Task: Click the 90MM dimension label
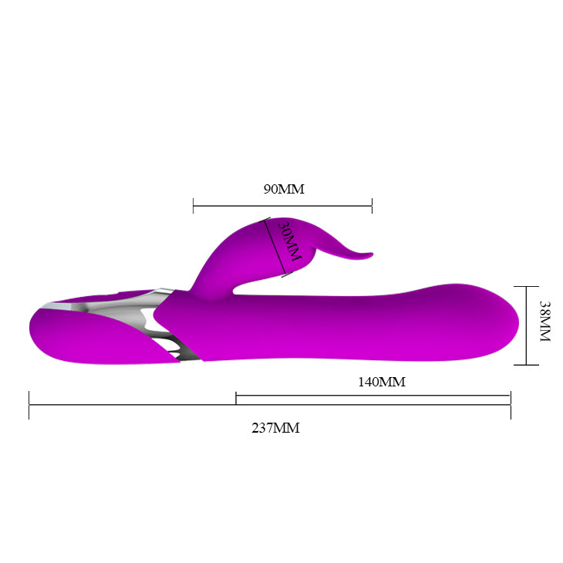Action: tap(283, 189)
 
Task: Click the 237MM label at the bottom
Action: tap(275, 428)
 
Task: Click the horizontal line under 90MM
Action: tap(282, 206)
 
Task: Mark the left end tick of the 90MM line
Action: tap(193, 206)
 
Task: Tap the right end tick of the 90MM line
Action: tap(372, 206)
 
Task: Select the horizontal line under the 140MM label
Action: tap(373, 396)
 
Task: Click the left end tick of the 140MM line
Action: tap(236, 396)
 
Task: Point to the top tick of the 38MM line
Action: tap(526, 287)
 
